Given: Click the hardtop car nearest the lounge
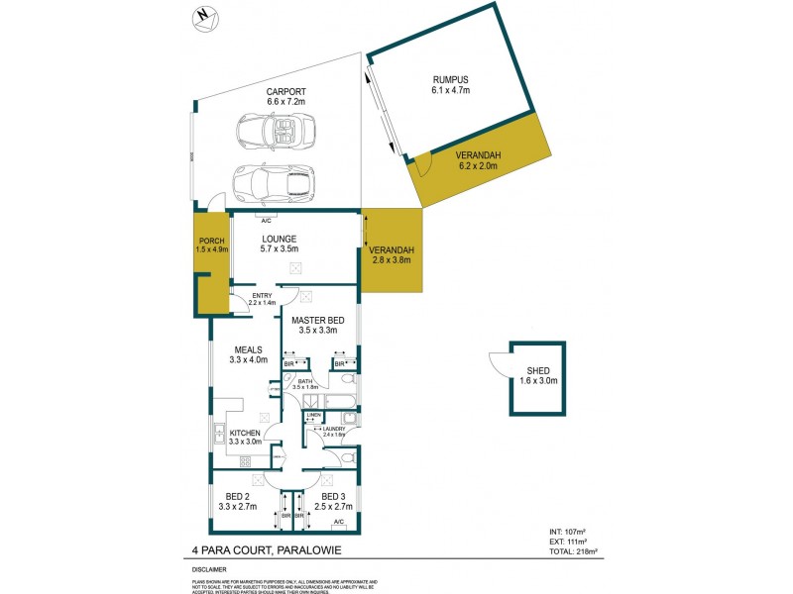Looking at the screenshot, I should [x=271, y=181].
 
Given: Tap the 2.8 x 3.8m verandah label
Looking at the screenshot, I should [x=392, y=255].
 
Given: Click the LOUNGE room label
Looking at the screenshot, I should [x=281, y=239].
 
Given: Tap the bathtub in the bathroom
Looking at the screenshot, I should [x=338, y=401].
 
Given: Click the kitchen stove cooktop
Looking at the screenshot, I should [x=244, y=460].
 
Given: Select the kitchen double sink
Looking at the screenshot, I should [x=217, y=434].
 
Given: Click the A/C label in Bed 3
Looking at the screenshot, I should [x=338, y=522].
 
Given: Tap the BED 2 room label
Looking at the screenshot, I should [x=237, y=496].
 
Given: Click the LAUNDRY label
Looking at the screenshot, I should [x=333, y=429].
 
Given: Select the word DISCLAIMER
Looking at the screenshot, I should [x=209, y=570].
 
